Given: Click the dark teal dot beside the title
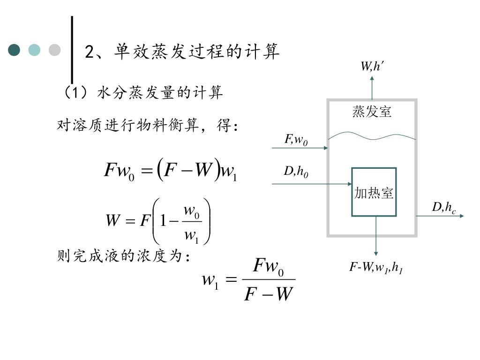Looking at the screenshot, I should point(15,50).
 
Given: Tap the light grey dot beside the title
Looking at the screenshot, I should point(55,50).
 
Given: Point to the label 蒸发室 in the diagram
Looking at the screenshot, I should point(372,112).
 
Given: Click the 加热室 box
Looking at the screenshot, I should point(374,192).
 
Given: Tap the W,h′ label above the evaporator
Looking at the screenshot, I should point(372,67).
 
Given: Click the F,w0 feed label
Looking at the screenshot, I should point(296,139).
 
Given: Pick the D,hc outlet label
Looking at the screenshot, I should point(443,207).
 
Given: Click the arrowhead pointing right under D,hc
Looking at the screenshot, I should point(461,216).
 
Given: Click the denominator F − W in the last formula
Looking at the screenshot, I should point(268,294).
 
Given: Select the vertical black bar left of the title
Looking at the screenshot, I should point(72,49).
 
